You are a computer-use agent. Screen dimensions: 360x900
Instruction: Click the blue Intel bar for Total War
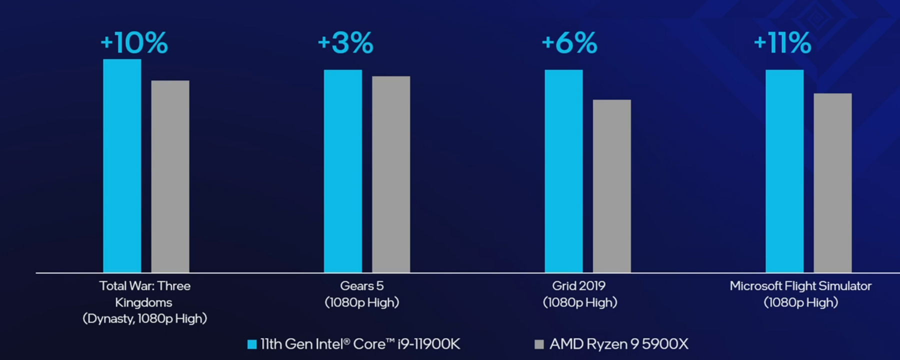pos(122,165)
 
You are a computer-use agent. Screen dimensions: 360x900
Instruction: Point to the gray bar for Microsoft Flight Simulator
pos(832,182)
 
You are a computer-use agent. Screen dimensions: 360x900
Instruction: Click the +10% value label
pos(134,42)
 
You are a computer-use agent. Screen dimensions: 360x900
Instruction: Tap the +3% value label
pos(345,42)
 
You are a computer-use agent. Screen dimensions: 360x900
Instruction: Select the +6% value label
pos(569,42)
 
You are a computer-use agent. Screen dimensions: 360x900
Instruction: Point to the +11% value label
pos(782,42)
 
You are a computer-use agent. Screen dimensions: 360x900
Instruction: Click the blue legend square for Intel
pos(252,344)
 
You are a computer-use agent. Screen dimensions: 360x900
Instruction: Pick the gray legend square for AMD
pos(539,344)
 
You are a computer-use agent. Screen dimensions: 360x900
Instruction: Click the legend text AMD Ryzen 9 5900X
pos(619,344)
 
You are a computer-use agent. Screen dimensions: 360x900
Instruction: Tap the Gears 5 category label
pos(361,286)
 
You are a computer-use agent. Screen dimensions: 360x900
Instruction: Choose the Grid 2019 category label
pos(578,286)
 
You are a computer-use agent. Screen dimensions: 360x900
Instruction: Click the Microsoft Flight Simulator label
pos(800,286)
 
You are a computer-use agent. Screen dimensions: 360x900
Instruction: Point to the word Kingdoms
pos(143,302)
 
